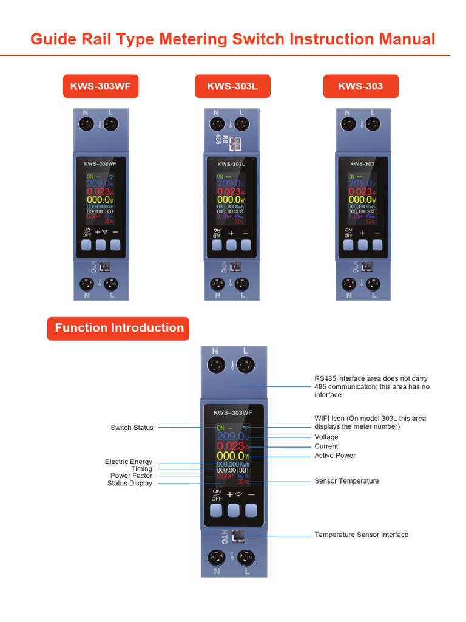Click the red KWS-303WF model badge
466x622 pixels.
pyautogui.click(x=101, y=86)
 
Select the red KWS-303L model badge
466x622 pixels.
pyautogui.click(x=232, y=86)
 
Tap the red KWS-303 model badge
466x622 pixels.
pyautogui.click(x=360, y=86)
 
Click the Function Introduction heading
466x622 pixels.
pyautogui.click(x=119, y=328)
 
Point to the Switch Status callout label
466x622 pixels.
pyautogui.click(x=132, y=428)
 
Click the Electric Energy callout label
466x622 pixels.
pyautogui.click(x=129, y=462)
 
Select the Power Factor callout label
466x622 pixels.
pyautogui.click(x=131, y=476)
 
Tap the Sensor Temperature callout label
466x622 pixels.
pyautogui.click(x=346, y=481)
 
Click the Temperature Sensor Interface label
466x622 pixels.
pyautogui.click(x=361, y=535)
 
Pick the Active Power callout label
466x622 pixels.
pyautogui.click(x=335, y=456)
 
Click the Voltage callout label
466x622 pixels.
pyautogui.click(x=326, y=437)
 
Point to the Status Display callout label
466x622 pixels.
pyautogui.click(x=130, y=484)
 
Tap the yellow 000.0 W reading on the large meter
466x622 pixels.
pyautogui.click(x=231, y=456)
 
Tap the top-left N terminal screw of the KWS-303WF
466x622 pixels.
pyautogui.click(x=86, y=125)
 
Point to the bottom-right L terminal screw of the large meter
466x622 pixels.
pyautogui.click(x=246, y=558)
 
